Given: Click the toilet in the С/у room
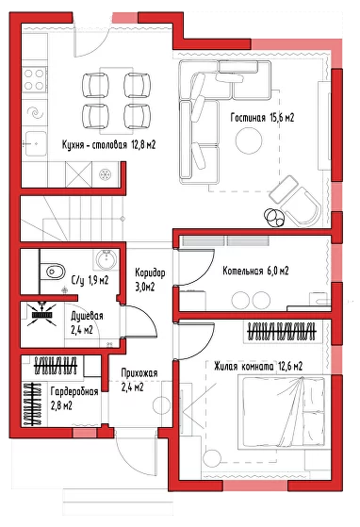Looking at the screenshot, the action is coord(53,272).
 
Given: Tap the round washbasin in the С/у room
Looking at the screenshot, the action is coord(106,259).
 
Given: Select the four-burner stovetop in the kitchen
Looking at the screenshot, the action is coord(34,79).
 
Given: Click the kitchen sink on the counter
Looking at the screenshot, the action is coord(35,143).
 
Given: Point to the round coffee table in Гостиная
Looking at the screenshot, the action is coord(249,140).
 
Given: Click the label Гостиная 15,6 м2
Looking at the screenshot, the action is coord(262,118).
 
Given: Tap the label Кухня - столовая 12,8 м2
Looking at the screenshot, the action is coord(108,145).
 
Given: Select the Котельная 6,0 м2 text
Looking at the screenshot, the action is coord(255,271).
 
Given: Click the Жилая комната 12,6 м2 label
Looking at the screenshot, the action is coord(258,366).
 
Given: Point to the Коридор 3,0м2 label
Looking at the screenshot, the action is coord(150,279).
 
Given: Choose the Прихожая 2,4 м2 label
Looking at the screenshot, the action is coord(139,380).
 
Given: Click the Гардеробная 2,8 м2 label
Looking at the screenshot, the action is coord(74,399).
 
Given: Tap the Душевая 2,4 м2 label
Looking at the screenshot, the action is coord(87,323).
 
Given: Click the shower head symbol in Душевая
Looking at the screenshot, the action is coord(41,314).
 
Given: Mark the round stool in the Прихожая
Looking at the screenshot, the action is coord(161,405).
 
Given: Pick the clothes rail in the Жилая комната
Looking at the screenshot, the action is coord(282,332).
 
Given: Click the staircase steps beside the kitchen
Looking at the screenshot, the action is coord(73,219).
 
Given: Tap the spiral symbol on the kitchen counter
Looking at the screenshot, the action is coord(35,112).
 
